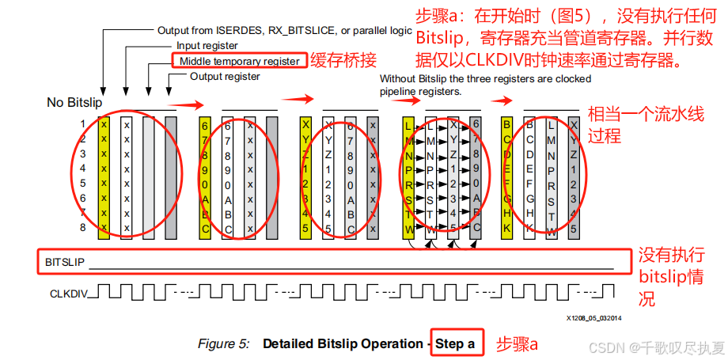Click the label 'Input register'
point(208,46)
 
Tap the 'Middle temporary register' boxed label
point(239,61)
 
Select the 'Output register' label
point(225,77)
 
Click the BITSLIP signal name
point(65,261)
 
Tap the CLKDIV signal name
point(67,293)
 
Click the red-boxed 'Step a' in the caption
point(455,344)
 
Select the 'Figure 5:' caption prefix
point(224,344)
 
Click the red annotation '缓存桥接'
point(342,60)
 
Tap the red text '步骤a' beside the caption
point(517,344)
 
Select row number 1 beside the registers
point(82,123)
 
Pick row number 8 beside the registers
point(82,228)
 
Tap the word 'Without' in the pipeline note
point(398,79)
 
